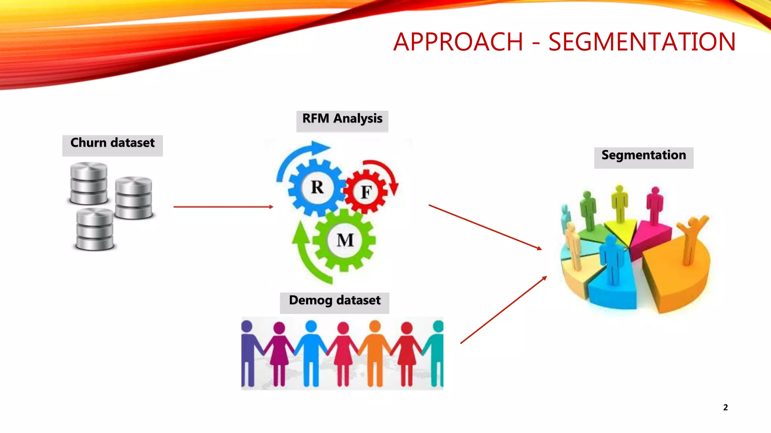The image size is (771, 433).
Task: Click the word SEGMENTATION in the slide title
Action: pyautogui.click(x=641, y=42)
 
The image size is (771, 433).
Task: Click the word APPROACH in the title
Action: pyautogui.click(x=458, y=42)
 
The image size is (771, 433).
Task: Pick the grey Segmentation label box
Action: pyautogui.click(x=643, y=157)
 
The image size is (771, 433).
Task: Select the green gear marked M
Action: pyautogui.click(x=345, y=240)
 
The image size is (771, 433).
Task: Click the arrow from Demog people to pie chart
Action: pyautogui.click(x=503, y=310)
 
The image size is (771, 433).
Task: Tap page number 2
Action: pyautogui.click(x=725, y=407)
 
